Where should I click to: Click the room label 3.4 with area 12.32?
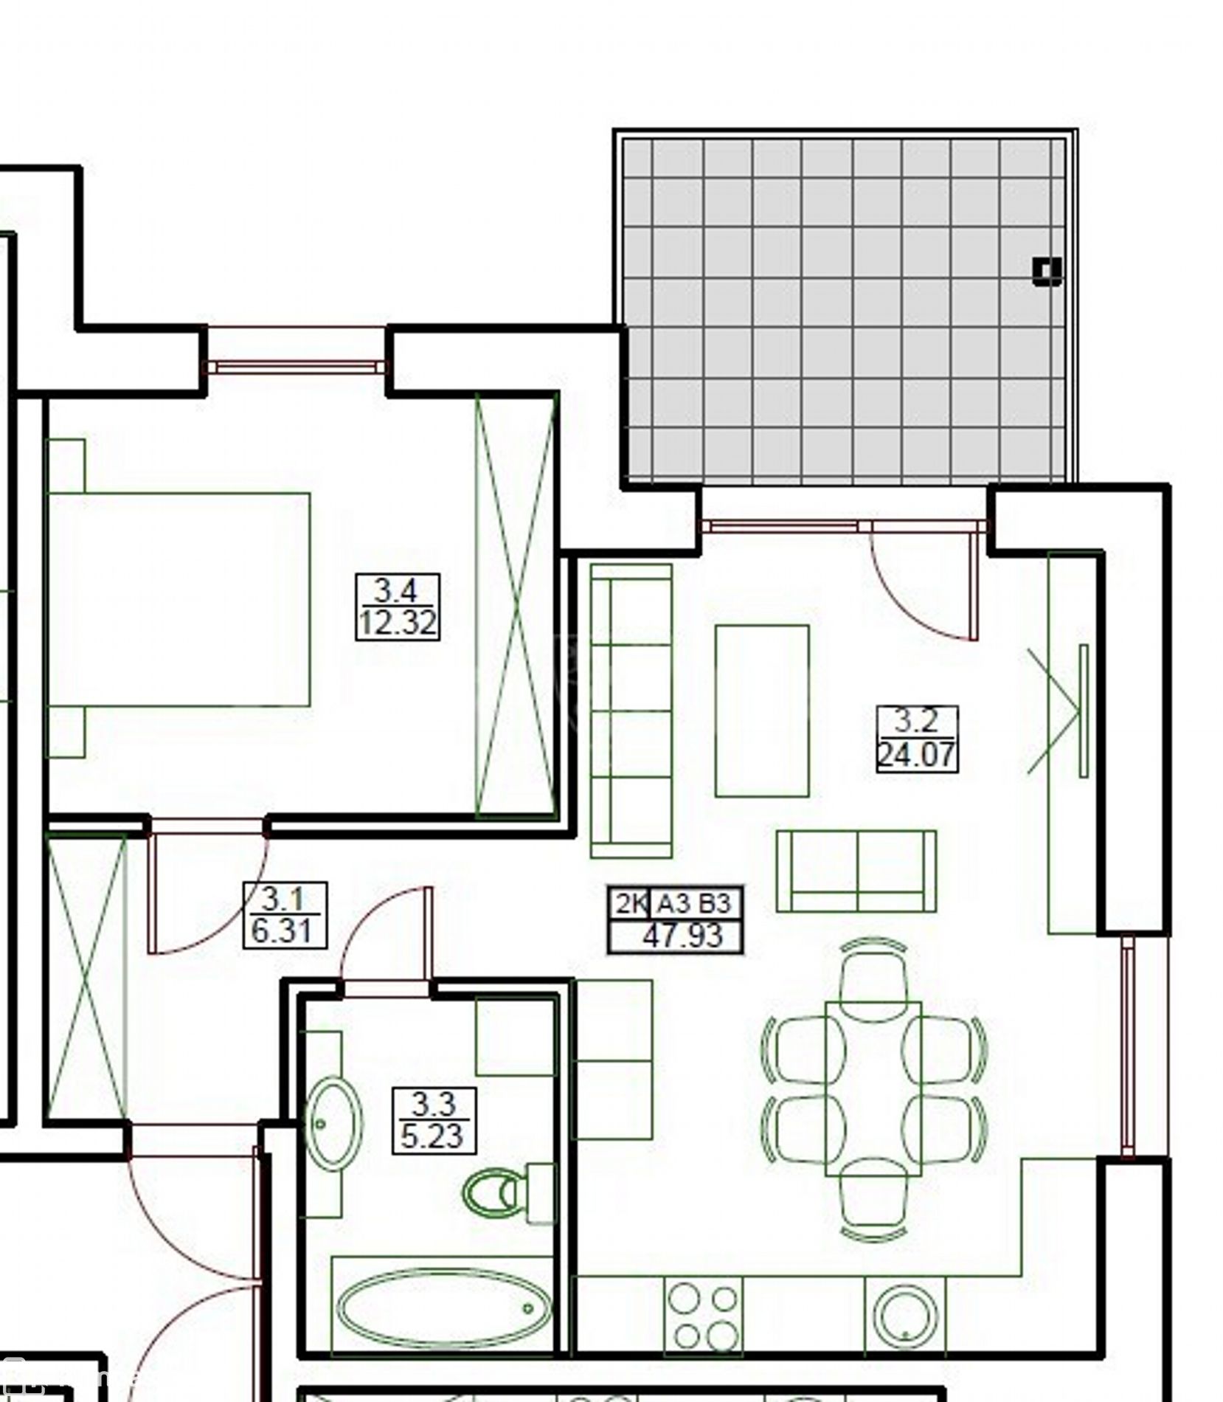(398, 607)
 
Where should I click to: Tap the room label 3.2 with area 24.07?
(917, 739)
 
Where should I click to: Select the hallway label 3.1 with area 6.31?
(285, 915)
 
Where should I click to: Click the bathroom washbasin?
(334, 1125)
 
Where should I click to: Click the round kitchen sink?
(905, 1317)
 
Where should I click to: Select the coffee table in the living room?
(762, 711)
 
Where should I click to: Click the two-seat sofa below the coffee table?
(856, 871)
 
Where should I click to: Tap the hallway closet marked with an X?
(87, 975)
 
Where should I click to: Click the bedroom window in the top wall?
(297, 366)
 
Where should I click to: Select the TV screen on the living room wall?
(1084, 711)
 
